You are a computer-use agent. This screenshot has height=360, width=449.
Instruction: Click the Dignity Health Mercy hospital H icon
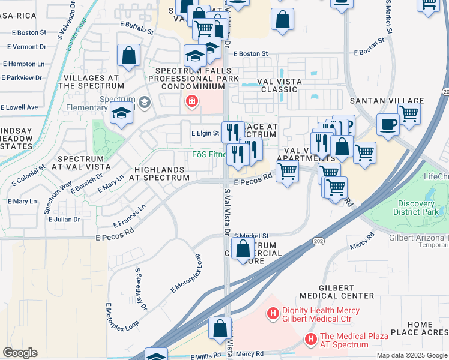tap(273, 313)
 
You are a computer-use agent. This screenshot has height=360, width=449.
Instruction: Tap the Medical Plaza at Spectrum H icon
tap(311, 340)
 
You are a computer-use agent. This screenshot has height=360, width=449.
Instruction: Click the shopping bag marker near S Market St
tap(243, 248)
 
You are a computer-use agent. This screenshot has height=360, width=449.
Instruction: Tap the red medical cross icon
tap(191, 101)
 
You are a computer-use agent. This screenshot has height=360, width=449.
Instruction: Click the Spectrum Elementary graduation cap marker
tap(121, 113)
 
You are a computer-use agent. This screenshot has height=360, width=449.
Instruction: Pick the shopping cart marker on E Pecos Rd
tap(287, 171)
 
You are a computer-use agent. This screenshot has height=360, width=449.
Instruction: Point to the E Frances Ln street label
tap(129, 216)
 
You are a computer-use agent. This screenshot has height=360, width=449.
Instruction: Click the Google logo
tap(20, 353)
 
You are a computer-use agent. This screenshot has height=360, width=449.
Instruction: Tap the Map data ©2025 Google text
tap(412, 355)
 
